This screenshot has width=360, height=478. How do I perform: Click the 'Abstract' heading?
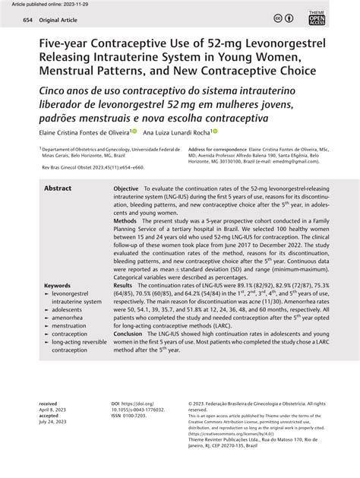point(58,188)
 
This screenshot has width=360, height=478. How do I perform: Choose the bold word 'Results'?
point(124,286)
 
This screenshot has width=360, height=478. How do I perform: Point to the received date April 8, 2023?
point(55,409)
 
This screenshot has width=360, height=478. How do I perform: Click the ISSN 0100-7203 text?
point(130,415)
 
